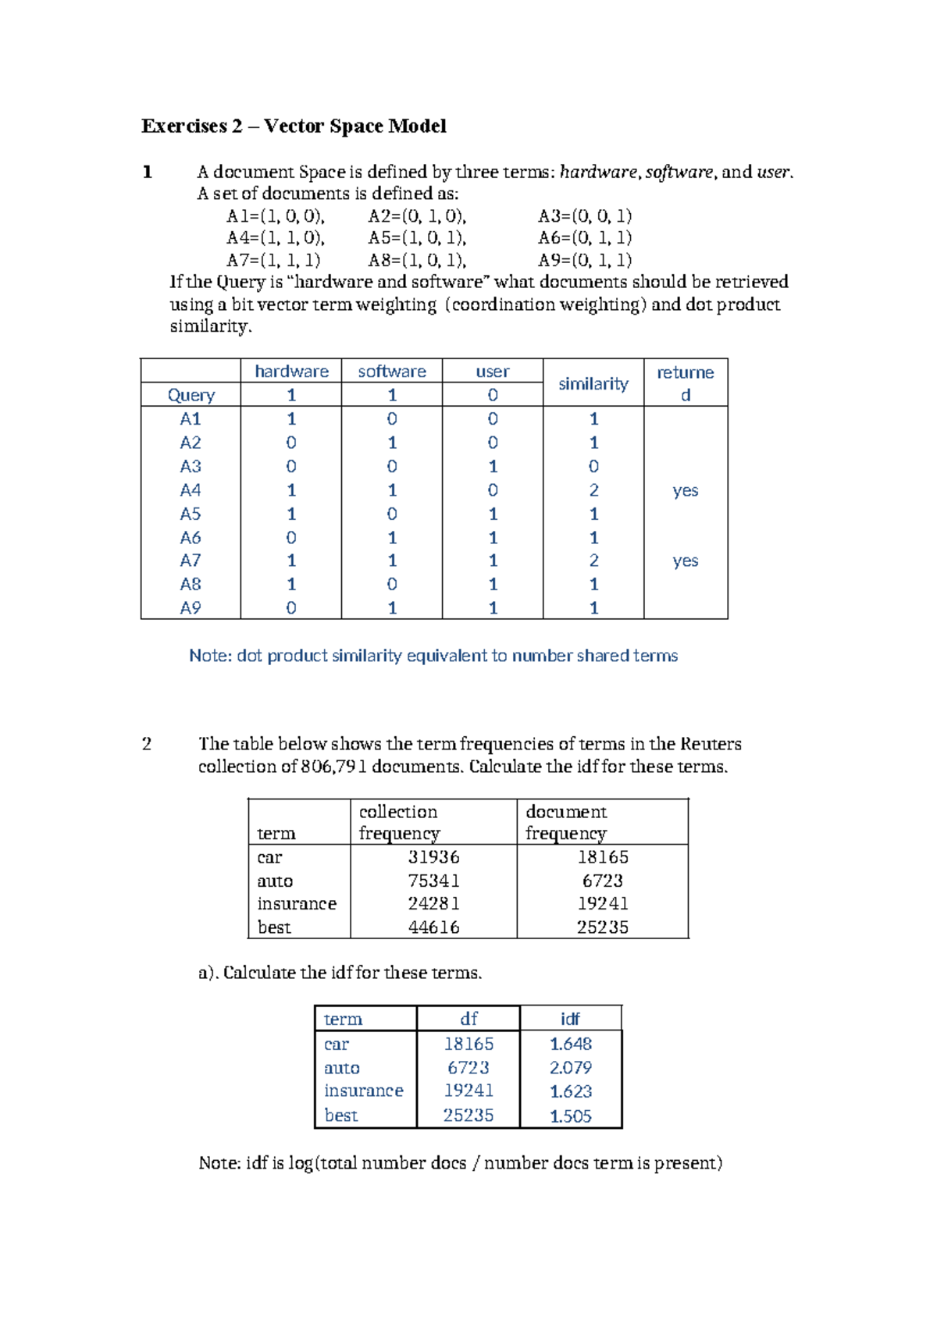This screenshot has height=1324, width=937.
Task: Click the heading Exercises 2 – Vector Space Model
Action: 294,126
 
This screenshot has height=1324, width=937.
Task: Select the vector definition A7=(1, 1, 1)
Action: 273,260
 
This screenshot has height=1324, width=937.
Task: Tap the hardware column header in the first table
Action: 291,372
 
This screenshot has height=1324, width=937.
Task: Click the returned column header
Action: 685,383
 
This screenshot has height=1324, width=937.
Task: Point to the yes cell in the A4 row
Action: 685,491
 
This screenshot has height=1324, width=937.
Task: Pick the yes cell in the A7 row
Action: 685,561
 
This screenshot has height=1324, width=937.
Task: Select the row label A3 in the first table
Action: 191,467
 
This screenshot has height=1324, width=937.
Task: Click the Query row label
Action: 191,395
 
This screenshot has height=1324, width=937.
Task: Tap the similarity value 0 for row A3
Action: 593,467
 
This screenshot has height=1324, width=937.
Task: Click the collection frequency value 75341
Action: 433,881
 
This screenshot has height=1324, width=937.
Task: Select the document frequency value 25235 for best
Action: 602,927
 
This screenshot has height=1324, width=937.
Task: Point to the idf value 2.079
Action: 570,1067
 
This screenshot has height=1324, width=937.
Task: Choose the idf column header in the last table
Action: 570,1019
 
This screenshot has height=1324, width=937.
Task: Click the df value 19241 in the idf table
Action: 468,1091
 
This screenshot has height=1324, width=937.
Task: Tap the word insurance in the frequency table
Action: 297,904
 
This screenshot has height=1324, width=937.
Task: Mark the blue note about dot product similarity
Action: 433,656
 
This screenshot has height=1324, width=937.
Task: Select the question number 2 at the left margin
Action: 147,744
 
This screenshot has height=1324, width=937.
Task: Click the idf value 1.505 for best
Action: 570,1116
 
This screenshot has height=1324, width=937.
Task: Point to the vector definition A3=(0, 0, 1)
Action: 585,216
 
